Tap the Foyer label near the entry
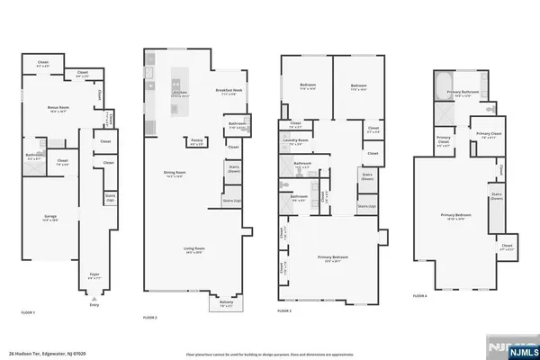click(93, 275)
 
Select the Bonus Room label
click(58, 108)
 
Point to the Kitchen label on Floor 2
click(179, 93)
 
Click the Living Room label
click(193, 253)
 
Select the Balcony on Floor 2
click(228, 305)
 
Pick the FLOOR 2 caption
click(150, 318)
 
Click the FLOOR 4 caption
click(419, 295)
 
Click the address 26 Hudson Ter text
click(45, 354)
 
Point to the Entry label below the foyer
click(93, 305)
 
